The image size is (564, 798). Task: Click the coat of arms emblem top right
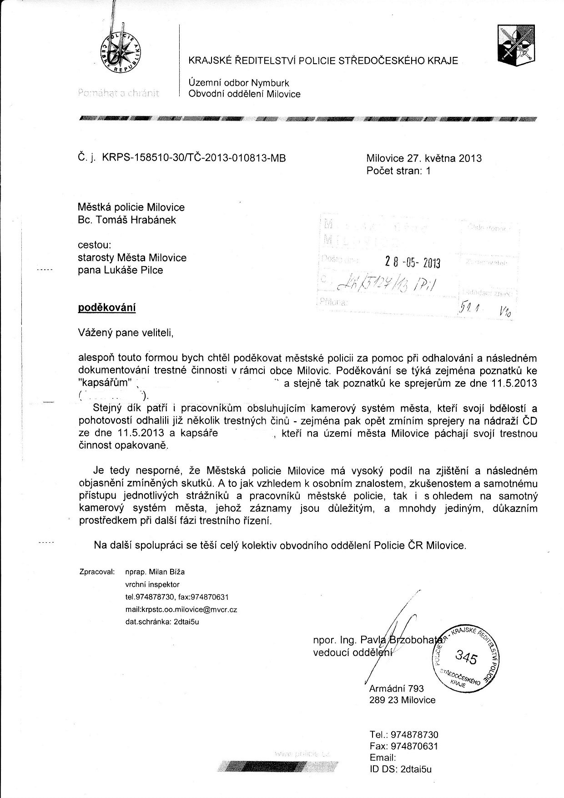517,44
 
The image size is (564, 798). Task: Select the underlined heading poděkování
107,308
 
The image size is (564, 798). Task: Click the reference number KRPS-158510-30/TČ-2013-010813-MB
195,158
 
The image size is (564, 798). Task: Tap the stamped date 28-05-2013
413,263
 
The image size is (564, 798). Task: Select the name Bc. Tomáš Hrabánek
127,220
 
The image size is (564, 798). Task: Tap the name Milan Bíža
163,572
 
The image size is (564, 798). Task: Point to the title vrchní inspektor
152,584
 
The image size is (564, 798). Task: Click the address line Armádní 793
397,688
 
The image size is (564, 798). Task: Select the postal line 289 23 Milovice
403,700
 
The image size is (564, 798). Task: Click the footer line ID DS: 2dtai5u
401,769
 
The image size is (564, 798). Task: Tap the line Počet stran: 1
398,171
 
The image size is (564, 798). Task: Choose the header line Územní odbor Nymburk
239,83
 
